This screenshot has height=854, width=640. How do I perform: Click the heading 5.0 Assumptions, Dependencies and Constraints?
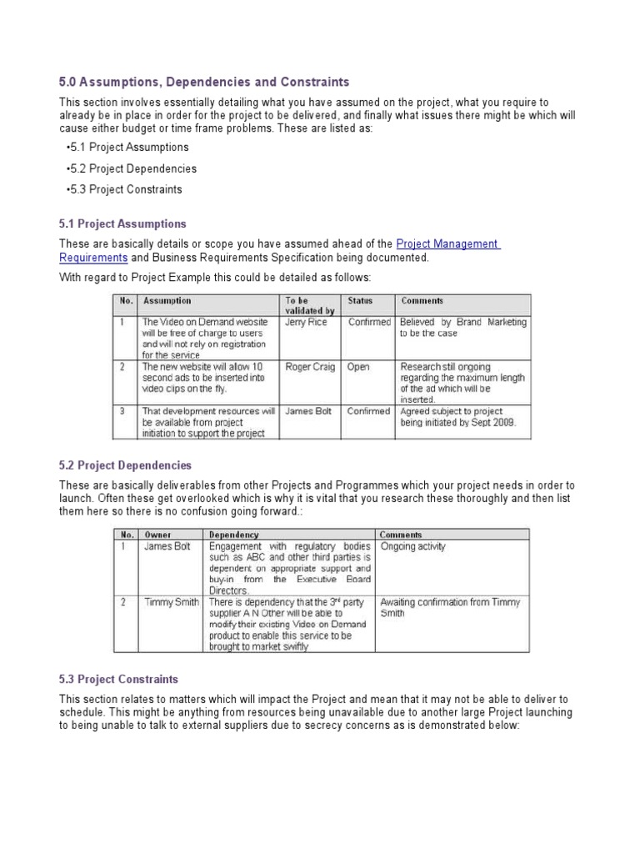[204, 82]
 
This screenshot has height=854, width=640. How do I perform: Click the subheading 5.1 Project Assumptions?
[122, 224]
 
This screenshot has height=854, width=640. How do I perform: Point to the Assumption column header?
[167, 301]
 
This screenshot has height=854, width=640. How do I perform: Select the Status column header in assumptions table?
[360, 301]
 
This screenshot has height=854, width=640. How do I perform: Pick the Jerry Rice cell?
[306, 322]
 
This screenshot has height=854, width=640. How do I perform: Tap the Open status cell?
[358, 366]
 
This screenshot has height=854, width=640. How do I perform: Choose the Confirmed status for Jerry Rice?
[368, 322]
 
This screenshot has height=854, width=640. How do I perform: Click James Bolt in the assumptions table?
[308, 411]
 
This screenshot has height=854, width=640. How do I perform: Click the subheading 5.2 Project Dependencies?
[125, 465]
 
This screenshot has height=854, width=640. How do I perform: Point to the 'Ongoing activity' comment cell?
[412, 547]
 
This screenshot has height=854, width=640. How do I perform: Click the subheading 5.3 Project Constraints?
[118, 680]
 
